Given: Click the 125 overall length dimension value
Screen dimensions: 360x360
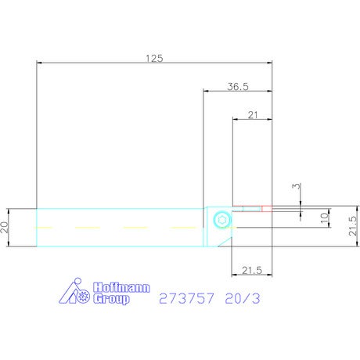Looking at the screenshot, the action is (x=154, y=59).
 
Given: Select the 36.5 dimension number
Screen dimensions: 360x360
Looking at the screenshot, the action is (x=238, y=86).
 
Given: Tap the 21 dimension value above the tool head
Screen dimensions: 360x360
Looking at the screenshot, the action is (x=253, y=115).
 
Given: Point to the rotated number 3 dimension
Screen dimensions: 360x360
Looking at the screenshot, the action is (x=297, y=186).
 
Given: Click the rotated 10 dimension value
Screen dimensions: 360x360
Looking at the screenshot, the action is (x=324, y=218).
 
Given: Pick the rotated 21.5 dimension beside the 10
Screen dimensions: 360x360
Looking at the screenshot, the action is (x=352, y=226).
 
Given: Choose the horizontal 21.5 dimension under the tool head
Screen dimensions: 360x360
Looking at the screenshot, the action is (x=252, y=270).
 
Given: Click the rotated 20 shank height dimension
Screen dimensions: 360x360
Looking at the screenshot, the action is (x=5, y=227).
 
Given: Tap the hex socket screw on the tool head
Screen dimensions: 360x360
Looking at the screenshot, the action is (x=222, y=220).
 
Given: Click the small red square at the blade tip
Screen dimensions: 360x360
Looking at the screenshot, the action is (x=267, y=209).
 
